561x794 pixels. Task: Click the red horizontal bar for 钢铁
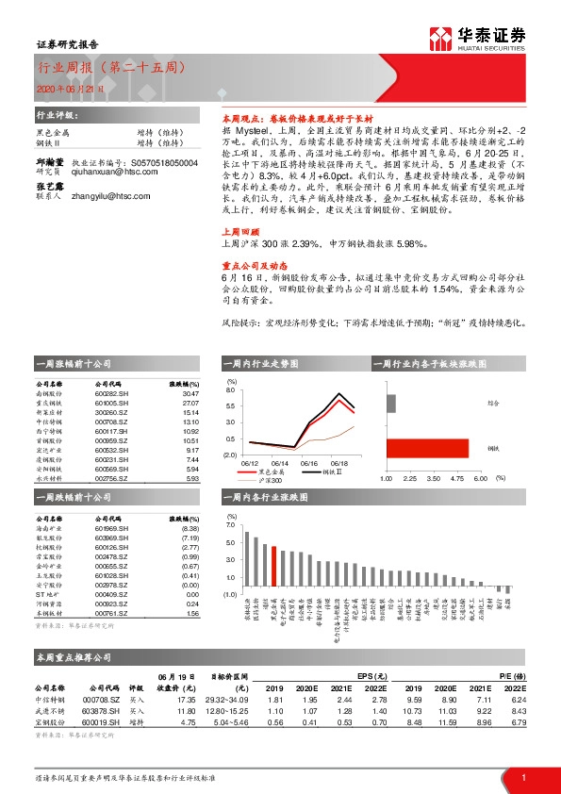tap(428, 448)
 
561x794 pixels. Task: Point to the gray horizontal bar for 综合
tap(390, 403)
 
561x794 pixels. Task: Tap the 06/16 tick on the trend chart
tap(308, 463)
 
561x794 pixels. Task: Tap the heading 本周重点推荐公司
tap(68, 655)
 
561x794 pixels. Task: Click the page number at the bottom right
tap(521, 776)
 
